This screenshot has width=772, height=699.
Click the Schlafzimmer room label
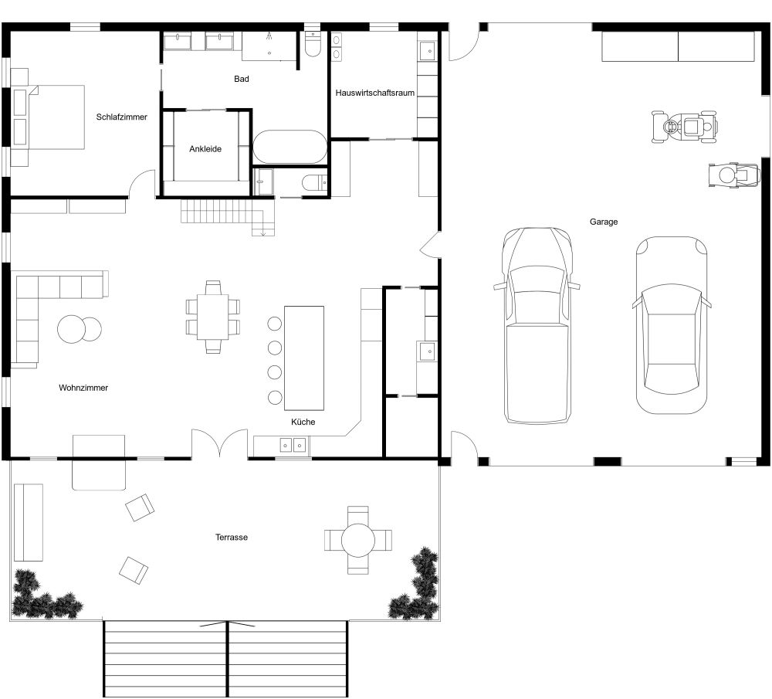[x=121, y=117]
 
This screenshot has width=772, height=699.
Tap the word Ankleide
[x=205, y=149]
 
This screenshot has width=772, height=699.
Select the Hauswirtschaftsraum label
[x=375, y=93]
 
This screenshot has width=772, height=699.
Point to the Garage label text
[x=604, y=222]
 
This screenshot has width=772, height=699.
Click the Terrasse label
[x=232, y=537]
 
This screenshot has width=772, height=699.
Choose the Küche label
[x=303, y=422]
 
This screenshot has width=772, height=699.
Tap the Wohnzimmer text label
[x=83, y=388]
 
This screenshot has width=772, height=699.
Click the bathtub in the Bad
[x=290, y=147]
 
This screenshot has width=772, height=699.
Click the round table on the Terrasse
[x=357, y=540]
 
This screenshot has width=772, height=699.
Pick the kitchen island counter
[x=304, y=358]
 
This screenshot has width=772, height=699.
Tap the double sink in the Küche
[x=293, y=444]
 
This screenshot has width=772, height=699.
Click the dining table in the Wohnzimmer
[x=213, y=317]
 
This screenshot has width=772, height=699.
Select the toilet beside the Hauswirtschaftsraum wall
[x=313, y=44]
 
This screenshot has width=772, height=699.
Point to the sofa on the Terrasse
[x=29, y=521]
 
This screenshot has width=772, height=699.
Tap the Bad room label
[x=242, y=79]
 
